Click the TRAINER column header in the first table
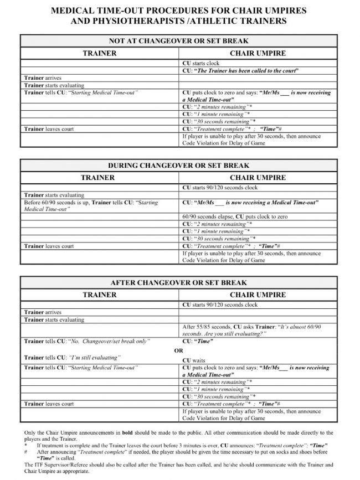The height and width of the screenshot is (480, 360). tap(99, 53)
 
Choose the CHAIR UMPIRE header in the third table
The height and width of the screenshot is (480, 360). tap(258, 295)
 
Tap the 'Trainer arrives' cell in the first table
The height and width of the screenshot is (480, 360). tap(43, 78)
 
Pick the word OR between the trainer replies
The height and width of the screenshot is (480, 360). tap(178, 350)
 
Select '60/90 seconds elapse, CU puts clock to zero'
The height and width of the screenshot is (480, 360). tap(235, 216)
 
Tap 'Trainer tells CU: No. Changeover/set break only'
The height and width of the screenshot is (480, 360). tap(86, 341)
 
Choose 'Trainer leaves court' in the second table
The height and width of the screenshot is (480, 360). tap(49, 246)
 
